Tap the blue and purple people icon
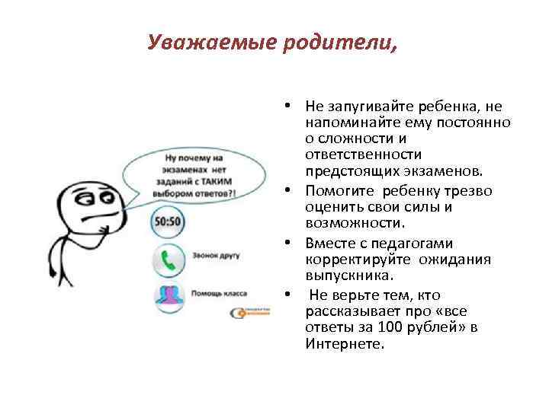[x=168, y=295]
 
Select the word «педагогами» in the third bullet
[x=416, y=244]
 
